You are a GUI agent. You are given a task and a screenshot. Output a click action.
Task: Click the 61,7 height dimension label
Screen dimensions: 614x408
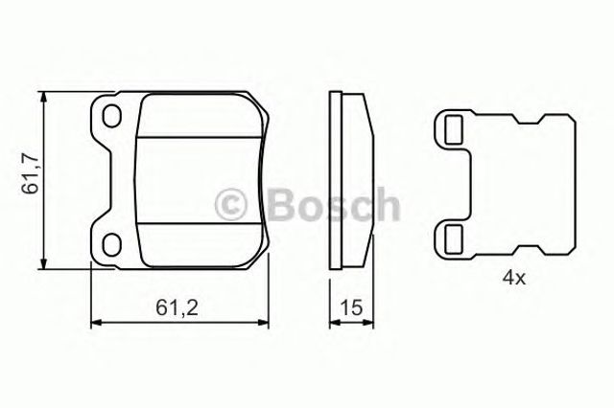30,174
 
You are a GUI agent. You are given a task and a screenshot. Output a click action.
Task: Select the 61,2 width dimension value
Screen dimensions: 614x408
177,307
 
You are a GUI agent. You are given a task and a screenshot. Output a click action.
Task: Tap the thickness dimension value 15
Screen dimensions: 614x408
351,307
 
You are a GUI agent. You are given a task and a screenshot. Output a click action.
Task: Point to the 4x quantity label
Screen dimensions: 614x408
514,279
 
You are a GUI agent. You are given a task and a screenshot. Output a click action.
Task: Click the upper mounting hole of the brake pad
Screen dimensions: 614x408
111,116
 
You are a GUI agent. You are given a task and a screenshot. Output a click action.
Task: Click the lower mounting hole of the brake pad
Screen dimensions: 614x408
111,244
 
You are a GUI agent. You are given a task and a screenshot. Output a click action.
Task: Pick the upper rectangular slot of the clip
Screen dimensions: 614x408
454,129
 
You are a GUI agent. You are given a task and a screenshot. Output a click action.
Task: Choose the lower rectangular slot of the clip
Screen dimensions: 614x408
454,239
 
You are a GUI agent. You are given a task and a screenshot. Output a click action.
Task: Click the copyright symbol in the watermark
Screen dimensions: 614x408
230,204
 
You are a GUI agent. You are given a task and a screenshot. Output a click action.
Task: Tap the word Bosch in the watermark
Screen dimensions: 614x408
334,204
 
